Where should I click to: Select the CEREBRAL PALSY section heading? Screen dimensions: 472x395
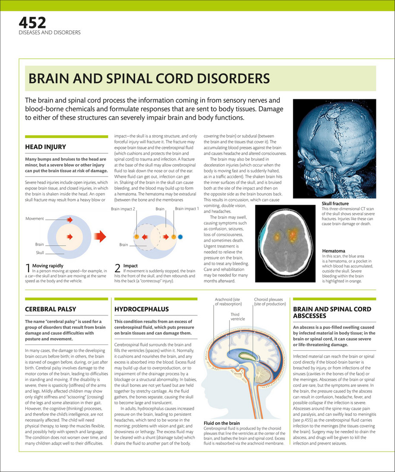pos(51,309)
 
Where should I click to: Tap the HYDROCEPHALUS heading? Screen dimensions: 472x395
pos(142,309)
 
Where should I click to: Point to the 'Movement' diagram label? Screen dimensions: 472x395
pos(35,219)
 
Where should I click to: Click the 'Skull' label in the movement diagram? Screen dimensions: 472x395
pos(40,252)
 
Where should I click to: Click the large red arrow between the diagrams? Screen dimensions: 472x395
pos(100,236)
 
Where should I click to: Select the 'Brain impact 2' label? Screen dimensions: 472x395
pos(123,209)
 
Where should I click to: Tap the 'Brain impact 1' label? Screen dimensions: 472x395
pos(186,209)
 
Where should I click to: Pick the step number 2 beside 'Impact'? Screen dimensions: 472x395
pos(117,268)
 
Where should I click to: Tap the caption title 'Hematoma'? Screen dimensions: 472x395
pos(334,250)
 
